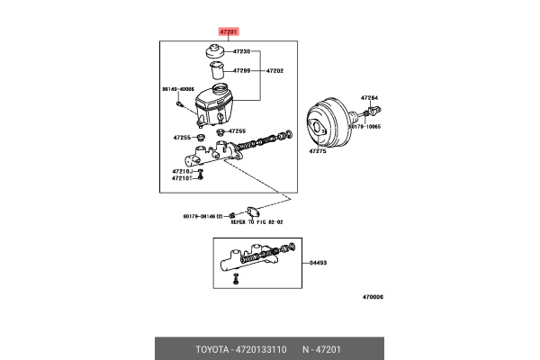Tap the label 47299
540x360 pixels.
click(240, 69)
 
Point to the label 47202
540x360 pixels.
click(273, 69)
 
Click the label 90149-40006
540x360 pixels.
click(177, 89)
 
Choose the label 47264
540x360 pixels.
click(370, 97)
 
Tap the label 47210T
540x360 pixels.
click(184, 178)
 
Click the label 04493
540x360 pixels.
click(319, 263)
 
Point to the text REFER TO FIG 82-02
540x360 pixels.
click(256, 221)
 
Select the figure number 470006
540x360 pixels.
click(373, 296)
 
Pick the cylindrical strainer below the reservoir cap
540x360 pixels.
click(216, 72)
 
